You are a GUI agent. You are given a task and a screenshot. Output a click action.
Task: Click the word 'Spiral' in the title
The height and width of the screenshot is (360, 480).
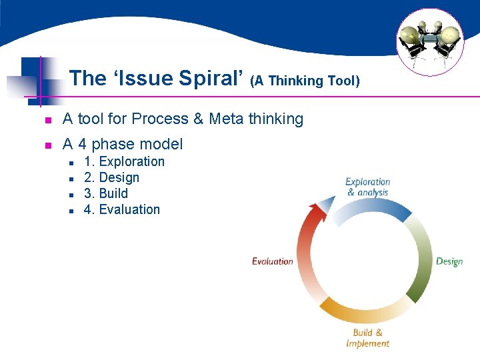[x=213, y=79]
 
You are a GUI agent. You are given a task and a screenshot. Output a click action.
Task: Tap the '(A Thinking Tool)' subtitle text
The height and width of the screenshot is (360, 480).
[x=305, y=81]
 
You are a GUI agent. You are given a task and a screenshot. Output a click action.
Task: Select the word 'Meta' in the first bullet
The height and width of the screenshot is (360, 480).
[x=227, y=119]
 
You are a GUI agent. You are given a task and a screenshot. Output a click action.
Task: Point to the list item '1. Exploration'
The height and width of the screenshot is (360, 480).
[x=124, y=161]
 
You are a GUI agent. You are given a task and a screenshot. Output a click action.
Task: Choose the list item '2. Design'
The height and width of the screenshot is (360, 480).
[x=111, y=177]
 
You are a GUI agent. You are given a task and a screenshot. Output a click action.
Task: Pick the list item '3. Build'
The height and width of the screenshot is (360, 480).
[x=105, y=193]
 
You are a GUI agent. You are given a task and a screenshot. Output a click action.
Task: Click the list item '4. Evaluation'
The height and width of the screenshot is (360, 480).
[x=122, y=209]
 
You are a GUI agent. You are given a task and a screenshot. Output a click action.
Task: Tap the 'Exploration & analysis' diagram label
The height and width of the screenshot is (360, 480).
[x=367, y=187]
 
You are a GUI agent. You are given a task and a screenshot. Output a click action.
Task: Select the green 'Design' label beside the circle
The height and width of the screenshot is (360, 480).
[x=449, y=261]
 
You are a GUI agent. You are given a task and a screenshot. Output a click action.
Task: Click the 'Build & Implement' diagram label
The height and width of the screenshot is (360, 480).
[x=367, y=338]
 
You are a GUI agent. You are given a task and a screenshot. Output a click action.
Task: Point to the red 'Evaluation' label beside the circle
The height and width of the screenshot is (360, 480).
[x=273, y=261]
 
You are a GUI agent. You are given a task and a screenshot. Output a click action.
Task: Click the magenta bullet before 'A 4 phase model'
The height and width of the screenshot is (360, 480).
[x=47, y=145]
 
